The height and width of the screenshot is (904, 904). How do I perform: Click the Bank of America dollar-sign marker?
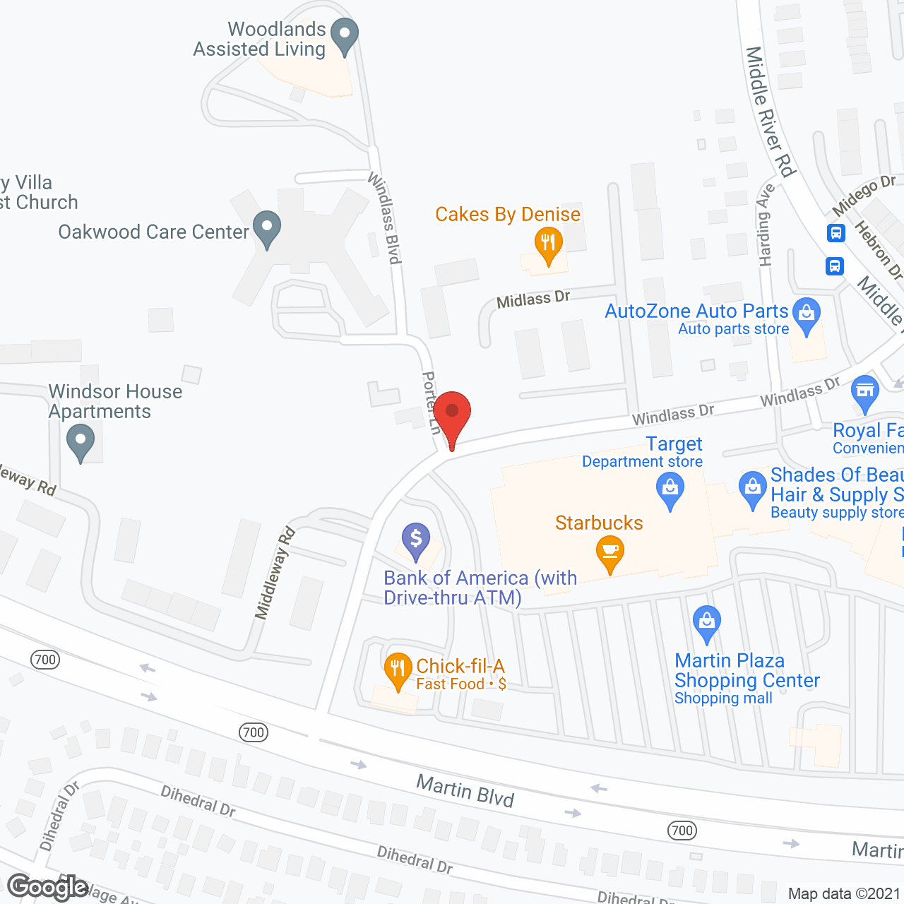pyautogui.click(x=416, y=540)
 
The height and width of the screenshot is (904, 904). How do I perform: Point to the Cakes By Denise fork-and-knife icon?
pyautogui.click(x=548, y=244)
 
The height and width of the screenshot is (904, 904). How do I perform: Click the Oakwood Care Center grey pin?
pyautogui.click(x=267, y=227)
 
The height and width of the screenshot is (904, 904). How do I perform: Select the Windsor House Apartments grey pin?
pyautogui.click(x=80, y=441)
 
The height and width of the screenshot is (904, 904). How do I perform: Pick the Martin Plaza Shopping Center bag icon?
pyautogui.click(x=706, y=621)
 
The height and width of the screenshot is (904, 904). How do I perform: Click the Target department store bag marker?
pyautogui.click(x=670, y=489)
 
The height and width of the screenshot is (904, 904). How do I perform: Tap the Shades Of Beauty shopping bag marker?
pyautogui.click(x=753, y=488)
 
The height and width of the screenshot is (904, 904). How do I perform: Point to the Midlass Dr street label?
pyautogui.click(x=533, y=299)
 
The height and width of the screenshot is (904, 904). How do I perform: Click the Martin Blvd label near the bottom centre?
pyautogui.click(x=465, y=790)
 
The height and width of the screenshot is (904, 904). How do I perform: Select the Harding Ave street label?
pyautogui.click(x=766, y=225)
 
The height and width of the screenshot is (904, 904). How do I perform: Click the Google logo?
pyautogui.click(x=47, y=887)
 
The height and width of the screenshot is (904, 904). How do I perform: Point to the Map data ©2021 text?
pyautogui.click(x=843, y=893)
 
